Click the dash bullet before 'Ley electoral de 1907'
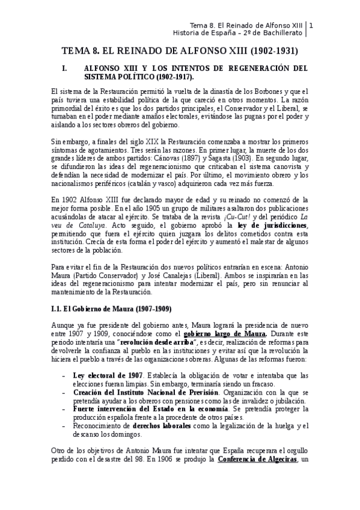(x=64, y=375)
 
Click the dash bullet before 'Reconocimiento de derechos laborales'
(x=64, y=426)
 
